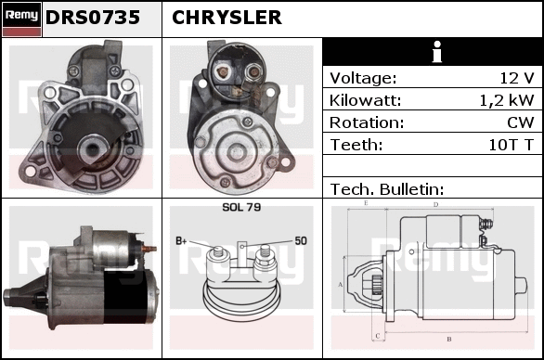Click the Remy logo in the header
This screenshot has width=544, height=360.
tap(21, 19)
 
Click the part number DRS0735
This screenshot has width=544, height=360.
tap(93, 18)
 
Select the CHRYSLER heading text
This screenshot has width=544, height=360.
tap(227, 18)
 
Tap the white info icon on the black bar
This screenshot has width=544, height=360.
tap(437, 52)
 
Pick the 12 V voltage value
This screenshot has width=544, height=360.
tap(516, 78)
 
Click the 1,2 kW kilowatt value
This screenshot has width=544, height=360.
tap(507, 100)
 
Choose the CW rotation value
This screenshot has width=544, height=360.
tap(521, 122)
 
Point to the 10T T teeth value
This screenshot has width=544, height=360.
tap(511, 145)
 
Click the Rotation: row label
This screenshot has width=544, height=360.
tap(367, 122)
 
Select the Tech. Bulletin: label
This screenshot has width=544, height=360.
tap(387, 189)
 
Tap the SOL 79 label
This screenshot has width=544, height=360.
tap(241, 207)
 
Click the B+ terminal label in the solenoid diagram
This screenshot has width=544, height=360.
tap(181, 240)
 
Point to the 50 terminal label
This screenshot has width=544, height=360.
tap(301, 240)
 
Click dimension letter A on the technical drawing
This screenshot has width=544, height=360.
tap(340, 285)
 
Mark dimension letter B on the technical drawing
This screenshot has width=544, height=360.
tap(449, 340)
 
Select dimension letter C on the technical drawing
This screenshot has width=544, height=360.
tap(378, 336)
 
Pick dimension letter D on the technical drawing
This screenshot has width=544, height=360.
tap(435, 205)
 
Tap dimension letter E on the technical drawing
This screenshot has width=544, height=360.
tap(366, 203)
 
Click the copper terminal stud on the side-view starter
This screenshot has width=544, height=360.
tap(149, 249)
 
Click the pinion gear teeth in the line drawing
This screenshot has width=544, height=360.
tap(376, 285)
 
